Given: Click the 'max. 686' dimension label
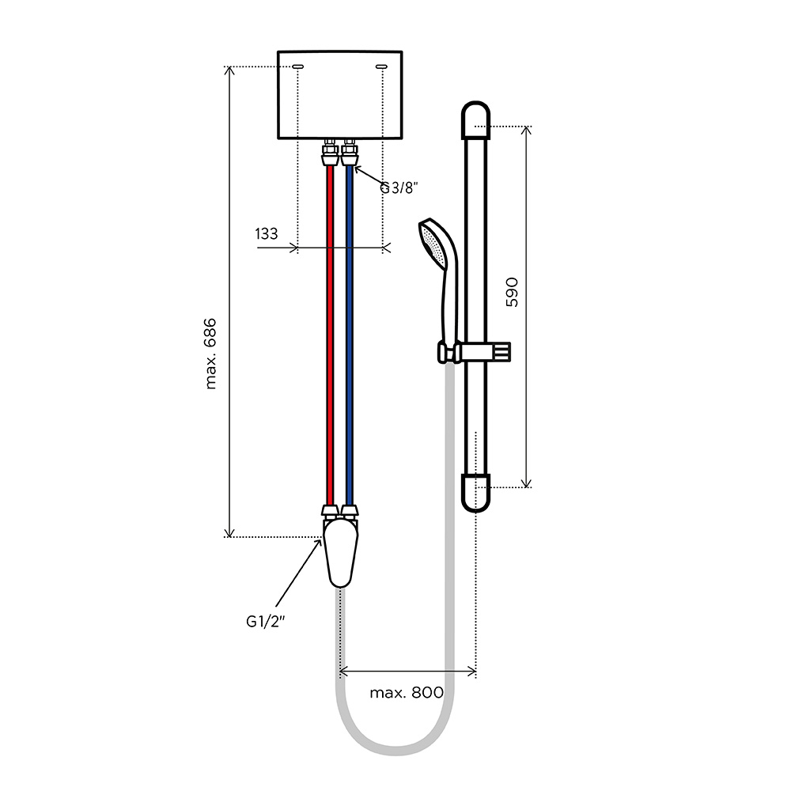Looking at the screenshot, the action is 211,354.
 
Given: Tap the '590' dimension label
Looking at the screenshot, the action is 512,292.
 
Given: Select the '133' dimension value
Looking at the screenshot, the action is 267,234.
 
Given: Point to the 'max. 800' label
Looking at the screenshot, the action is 407,692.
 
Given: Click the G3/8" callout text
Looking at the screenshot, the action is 399,188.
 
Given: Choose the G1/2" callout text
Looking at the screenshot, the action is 265,622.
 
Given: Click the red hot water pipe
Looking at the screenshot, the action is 331,335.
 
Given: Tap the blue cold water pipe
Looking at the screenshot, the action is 350,335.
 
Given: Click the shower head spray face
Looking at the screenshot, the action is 433,244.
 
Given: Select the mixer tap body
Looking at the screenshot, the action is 340,553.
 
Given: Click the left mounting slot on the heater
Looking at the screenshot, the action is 298,66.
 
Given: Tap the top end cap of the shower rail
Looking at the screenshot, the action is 475,120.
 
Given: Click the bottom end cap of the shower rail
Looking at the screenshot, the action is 475,493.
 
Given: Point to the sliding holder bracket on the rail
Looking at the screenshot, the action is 475,352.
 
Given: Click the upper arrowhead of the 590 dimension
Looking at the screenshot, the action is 526,130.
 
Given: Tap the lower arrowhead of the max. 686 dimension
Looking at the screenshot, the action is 229,533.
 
